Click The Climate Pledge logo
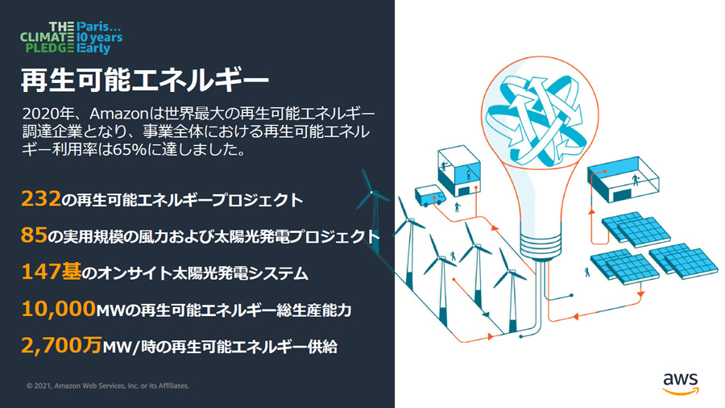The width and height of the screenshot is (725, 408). (x=71, y=37)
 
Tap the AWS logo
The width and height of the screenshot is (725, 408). (x=681, y=384)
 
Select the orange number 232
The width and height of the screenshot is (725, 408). (x=41, y=199)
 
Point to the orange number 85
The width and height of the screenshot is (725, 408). (x=34, y=235)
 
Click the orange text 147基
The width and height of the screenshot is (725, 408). (x=52, y=271)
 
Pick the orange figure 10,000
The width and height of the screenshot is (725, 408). (x=59, y=309)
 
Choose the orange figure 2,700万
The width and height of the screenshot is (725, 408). (x=61, y=345)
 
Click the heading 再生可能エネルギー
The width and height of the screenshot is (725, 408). (x=145, y=80)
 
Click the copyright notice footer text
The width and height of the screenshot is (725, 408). (x=108, y=385)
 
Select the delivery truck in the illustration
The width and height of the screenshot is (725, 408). (x=430, y=196)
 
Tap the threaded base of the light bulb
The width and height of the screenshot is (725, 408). (x=541, y=246)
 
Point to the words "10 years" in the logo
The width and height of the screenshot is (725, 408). (x=100, y=37)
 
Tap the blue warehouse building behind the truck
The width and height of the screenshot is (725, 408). (x=459, y=171)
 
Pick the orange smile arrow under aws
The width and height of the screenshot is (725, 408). (x=681, y=392)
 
